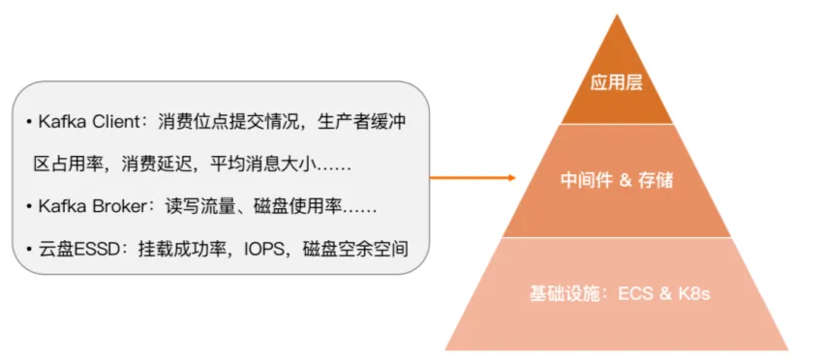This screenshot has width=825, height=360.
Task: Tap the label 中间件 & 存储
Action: tap(617, 180)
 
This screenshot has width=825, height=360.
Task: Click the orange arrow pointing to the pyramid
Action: tap(473, 178)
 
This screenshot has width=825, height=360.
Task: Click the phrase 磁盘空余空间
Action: tap(355, 249)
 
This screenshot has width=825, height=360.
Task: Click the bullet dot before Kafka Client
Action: tap(29, 123)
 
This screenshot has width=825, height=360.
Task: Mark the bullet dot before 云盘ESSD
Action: tap(29, 249)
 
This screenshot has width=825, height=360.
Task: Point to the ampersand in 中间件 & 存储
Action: tap(626, 181)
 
